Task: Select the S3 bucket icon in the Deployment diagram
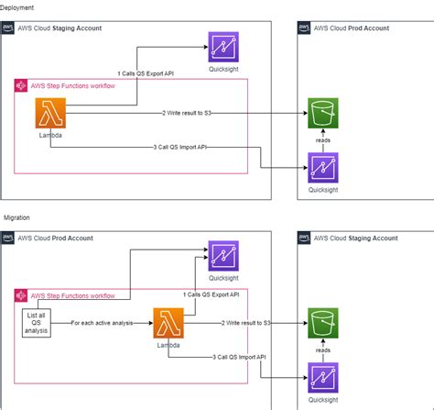(x=323, y=116)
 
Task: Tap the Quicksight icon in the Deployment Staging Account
(x=223, y=47)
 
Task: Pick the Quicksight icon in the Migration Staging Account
(x=323, y=377)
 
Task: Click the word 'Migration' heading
(x=17, y=217)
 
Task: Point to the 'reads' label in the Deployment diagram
(x=323, y=141)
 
